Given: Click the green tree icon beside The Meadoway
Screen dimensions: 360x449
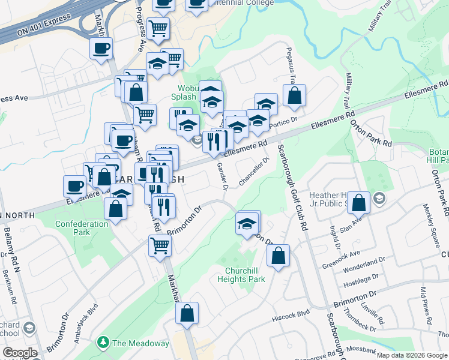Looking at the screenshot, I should (x=103, y=343).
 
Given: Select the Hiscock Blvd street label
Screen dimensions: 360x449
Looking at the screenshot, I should (x=291, y=313).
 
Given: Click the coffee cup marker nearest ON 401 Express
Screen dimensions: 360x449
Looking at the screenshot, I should (x=101, y=47).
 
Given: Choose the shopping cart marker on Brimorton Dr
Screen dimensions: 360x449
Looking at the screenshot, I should (x=160, y=244).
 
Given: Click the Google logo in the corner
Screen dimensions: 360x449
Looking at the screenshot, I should (x=19, y=353).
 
